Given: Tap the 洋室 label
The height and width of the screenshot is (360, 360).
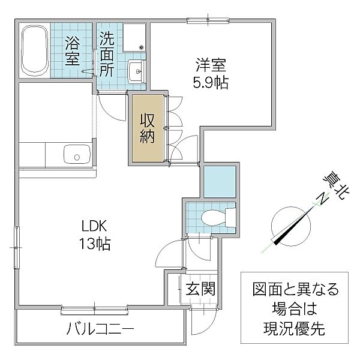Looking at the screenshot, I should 208,63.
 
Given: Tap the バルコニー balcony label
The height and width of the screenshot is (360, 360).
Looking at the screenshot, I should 99,330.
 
